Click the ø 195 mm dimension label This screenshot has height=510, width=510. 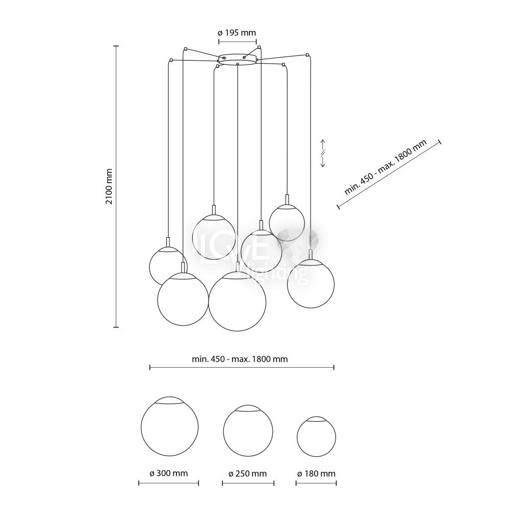[237, 33]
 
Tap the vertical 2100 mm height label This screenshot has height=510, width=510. [109, 186]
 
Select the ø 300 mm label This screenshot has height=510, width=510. [169, 473]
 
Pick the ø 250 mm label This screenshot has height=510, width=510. [248, 474]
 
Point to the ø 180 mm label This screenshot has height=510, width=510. [316, 474]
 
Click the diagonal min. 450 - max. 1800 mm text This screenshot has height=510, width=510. [386, 167]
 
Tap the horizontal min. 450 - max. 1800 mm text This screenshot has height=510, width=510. [240, 359]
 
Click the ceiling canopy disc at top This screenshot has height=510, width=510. [238, 60]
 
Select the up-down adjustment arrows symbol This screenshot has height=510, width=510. [323, 153]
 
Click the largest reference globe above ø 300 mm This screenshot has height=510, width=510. [169, 426]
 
